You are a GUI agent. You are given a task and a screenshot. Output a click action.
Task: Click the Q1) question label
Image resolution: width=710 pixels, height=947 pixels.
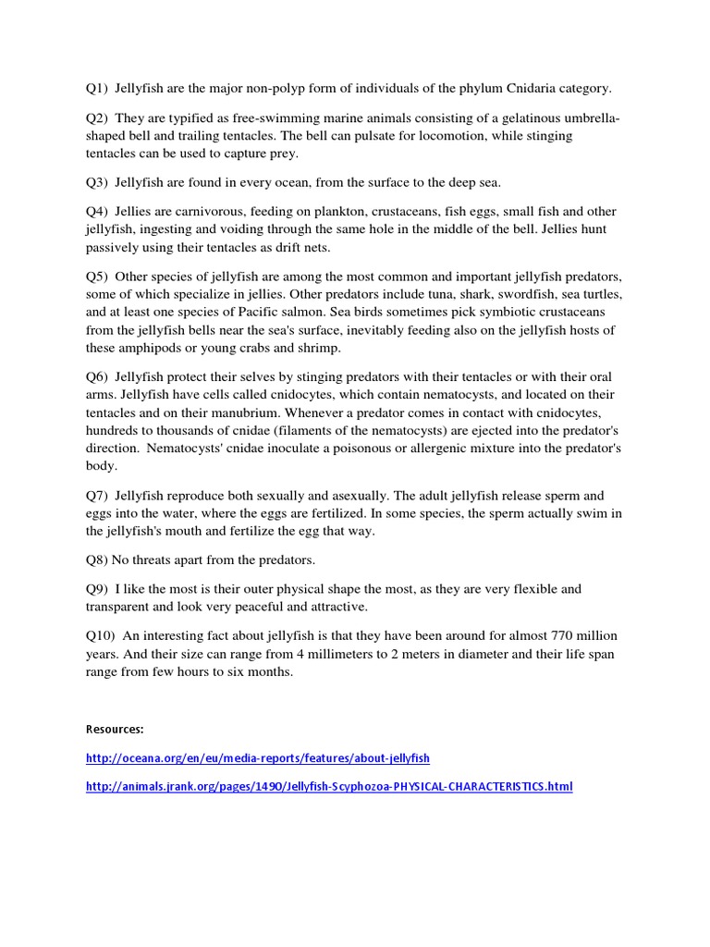[96, 89]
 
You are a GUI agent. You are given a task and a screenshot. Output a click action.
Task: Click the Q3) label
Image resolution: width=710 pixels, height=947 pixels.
[96, 182]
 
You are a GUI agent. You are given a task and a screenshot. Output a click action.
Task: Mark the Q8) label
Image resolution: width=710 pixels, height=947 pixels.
[96, 560]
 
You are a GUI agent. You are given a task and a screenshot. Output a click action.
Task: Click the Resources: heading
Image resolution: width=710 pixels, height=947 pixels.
[115, 729]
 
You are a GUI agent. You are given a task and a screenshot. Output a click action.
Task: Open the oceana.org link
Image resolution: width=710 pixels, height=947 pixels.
[257, 758]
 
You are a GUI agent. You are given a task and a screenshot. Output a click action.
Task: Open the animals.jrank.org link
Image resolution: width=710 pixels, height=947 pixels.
[328, 787]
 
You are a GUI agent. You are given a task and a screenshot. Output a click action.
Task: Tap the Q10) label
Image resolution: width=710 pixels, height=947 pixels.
[100, 637]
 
